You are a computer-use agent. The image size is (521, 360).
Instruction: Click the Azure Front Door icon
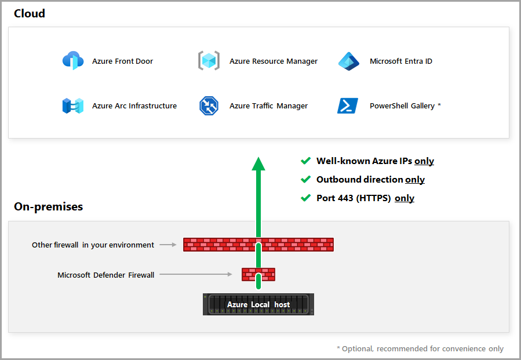point(73,61)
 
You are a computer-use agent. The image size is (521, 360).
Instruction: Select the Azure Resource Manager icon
point(209,61)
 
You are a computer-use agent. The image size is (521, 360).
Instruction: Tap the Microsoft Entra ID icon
point(349,61)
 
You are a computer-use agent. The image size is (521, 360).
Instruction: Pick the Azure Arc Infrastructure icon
point(73,106)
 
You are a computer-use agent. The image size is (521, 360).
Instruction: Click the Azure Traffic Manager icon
point(209,106)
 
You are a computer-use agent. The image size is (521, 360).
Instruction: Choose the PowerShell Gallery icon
point(348,106)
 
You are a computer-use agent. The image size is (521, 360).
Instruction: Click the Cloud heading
point(30,13)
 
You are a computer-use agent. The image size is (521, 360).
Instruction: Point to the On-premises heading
point(48,206)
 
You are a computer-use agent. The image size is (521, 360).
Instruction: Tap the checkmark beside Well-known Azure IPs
point(305,161)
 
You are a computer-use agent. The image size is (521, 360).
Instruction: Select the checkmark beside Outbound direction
point(305,180)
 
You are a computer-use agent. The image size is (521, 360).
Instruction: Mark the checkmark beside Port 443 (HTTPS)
point(305,198)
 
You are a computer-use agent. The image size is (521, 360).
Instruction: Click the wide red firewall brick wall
point(220,245)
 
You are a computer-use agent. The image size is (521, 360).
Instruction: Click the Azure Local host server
point(258,304)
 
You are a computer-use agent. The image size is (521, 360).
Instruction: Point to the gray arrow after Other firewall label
point(167,245)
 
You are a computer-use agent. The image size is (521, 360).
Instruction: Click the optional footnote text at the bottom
point(420,348)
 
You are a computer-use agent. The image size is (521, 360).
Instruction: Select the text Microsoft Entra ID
point(401,61)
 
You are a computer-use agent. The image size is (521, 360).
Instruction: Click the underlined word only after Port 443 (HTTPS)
point(405,198)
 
